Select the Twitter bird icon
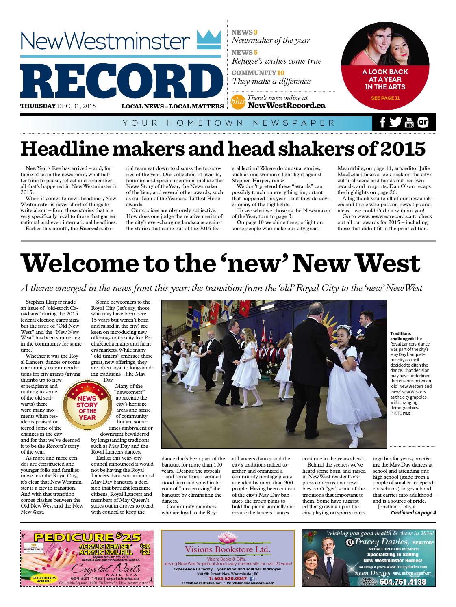(x=395, y=123)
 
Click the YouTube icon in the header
(x=408, y=123)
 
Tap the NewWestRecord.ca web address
(x=286, y=106)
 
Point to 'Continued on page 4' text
(x=413, y=512)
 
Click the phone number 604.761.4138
(x=403, y=582)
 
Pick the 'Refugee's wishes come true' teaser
(x=276, y=61)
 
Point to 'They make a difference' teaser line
(x=271, y=82)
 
